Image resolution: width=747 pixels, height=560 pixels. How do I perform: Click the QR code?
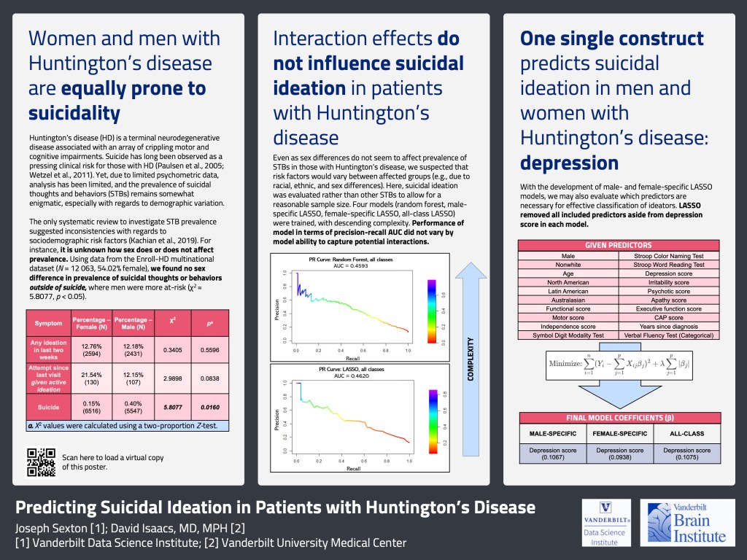tap(42, 462)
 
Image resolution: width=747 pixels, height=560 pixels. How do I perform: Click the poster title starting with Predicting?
tap(276, 507)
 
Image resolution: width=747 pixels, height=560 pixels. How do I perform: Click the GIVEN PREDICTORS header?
tap(619, 246)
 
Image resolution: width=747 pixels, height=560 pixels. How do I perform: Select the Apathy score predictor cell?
tap(668, 300)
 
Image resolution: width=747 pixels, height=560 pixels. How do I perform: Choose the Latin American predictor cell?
tap(568, 291)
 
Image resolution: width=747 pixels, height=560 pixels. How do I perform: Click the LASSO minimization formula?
tap(619, 362)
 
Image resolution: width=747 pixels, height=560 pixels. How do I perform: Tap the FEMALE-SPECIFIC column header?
tap(619, 434)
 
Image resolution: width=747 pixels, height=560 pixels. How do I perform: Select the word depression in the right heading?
tap(569, 162)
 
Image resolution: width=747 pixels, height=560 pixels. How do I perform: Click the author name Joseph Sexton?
tap(50, 527)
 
